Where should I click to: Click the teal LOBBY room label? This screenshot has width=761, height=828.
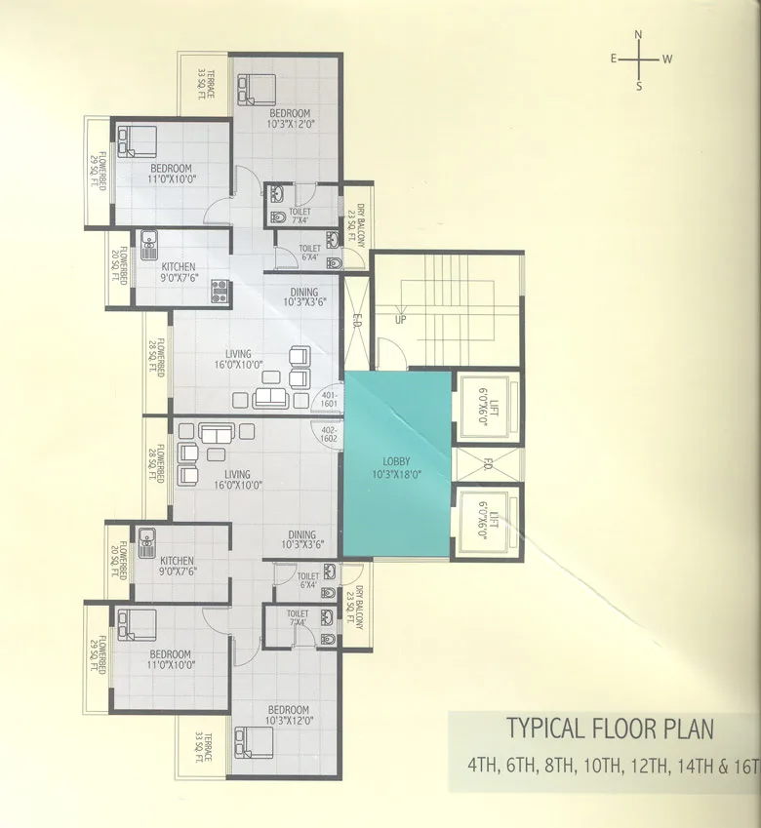396,467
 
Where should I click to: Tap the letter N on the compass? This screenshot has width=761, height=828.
639,35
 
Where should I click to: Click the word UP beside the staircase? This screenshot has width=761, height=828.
400,319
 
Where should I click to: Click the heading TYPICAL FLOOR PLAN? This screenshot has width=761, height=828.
609,729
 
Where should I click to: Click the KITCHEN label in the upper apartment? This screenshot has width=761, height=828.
179,266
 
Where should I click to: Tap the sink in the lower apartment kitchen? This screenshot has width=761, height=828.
148,537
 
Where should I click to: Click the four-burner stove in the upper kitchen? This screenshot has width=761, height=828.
220,290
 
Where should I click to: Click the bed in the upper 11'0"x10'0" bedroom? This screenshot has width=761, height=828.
136,140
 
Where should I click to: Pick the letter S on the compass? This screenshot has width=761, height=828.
639,86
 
